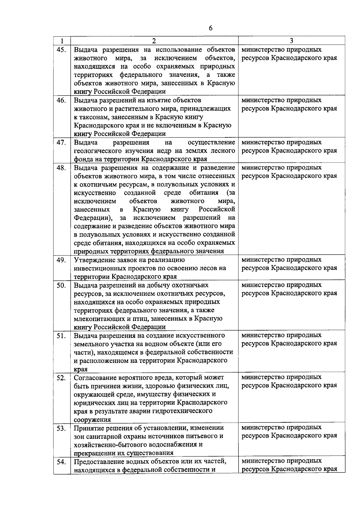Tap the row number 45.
[x=61, y=49]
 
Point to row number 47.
[x=61, y=142]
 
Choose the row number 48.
[x=61, y=168]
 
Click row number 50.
[x=61, y=285]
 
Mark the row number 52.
[x=61, y=377]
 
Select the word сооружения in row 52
[x=92, y=420]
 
